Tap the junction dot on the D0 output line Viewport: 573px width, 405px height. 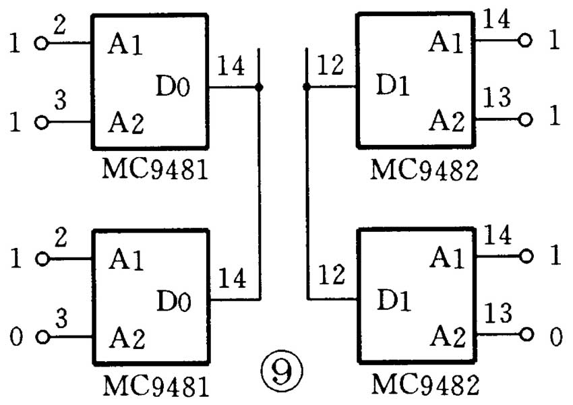pyautogui.click(x=259, y=88)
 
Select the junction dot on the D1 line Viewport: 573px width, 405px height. pyautogui.click(x=307, y=87)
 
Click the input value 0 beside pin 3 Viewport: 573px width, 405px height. pyautogui.click(x=16, y=336)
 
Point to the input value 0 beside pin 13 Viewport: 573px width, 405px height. pyautogui.click(x=555, y=336)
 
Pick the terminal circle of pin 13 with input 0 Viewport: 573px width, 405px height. pyautogui.click(x=526, y=334)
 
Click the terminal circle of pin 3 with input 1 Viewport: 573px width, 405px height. pyautogui.click(x=42, y=123)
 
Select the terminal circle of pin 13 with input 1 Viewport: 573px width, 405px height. pyautogui.click(x=526, y=119)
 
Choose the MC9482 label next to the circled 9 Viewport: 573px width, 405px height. pyautogui.click(x=425, y=386)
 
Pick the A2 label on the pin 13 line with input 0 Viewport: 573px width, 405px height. pyautogui.click(x=448, y=335)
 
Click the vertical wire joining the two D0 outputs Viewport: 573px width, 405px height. pyautogui.click(x=259, y=195)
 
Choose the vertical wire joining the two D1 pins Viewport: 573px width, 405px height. pyautogui.click(x=307, y=195)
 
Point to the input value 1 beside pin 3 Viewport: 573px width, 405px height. pyautogui.click(x=16, y=123)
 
